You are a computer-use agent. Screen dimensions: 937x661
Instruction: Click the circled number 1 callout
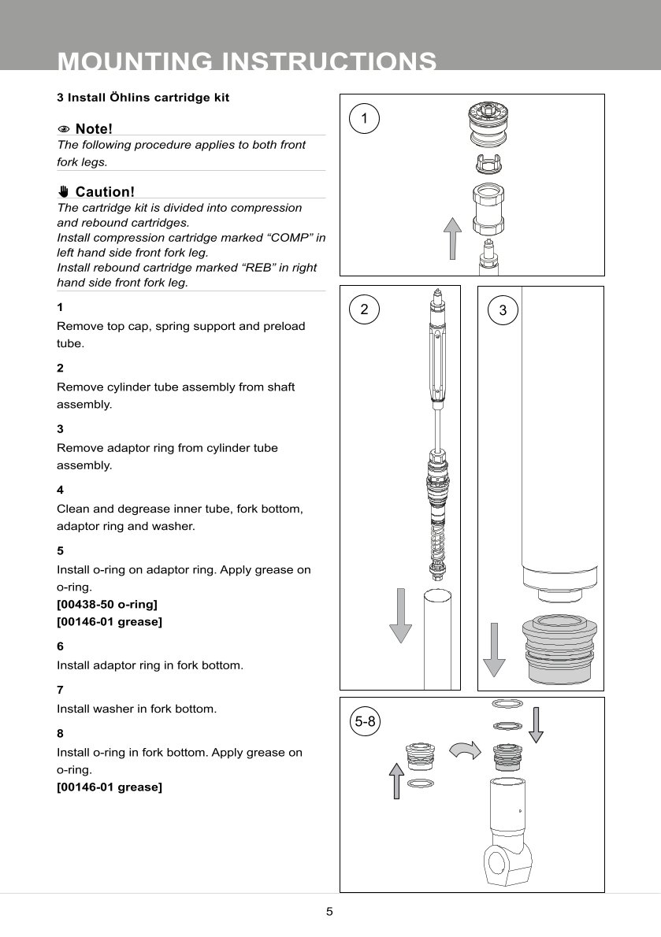click(x=364, y=118)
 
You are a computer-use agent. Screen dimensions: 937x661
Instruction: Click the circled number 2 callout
click(x=364, y=309)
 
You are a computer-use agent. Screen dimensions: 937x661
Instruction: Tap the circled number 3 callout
click(x=503, y=310)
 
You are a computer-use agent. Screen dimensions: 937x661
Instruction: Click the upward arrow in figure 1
click(x=451, y=239)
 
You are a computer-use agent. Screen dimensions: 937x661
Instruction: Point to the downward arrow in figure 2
click(x=401, y=613)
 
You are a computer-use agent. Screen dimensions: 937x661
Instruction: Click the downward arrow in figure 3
click(x=494, y=650)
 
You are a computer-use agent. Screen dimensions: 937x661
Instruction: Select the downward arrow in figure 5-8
click(x=536, y=725)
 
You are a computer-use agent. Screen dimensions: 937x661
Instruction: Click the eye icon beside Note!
click(x=64, y=129)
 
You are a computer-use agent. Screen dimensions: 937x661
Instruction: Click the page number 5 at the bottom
click(x=330, y=913)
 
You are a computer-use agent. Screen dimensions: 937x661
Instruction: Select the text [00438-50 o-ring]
click(x=107, y=605)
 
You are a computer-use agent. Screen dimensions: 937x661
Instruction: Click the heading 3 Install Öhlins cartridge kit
click(x=143, y=98)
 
